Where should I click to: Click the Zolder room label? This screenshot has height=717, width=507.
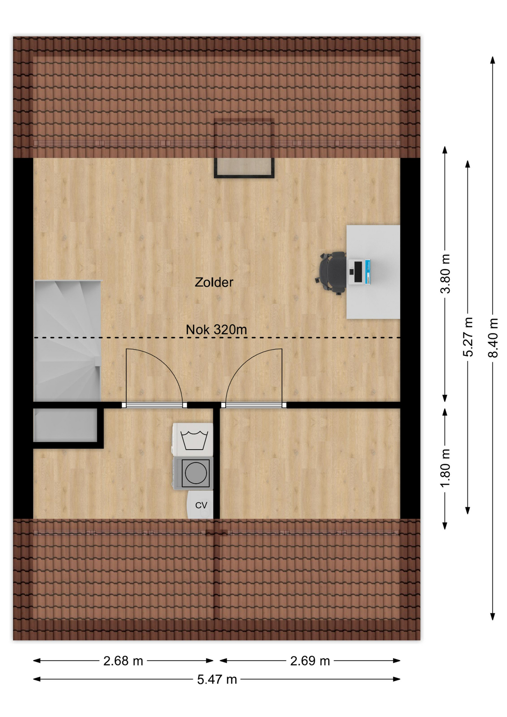pyautogui.click(x=214, y=282)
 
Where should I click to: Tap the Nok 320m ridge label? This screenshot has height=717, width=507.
pyautogui.click(x=217, y=329)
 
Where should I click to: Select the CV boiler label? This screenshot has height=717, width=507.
pyautogui.click(x=201, y=505)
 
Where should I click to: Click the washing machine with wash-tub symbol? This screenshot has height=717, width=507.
pyautogui.click(x=193, y=440)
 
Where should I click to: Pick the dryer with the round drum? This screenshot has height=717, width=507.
pyautogui.click(x=193, y=473)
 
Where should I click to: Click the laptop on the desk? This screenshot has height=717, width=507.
pyautogui.click(x=360, y=272)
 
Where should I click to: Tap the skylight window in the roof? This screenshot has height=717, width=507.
pyautogui.click(x=244, y=149)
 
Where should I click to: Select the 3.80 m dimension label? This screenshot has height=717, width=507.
pyautogui.click(x=445, y=274)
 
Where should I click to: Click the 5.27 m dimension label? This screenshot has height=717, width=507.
pyautogui.click(x=468, y=337)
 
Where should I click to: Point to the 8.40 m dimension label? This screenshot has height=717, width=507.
pyautogui.click(x=493, y=338)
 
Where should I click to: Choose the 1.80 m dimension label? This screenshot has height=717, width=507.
pyautogui.click(x=445, y=468)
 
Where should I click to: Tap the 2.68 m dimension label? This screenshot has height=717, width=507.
pyautogui.click(x=123, y=661)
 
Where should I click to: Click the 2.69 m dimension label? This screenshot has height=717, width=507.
pyautogui.click(x=310, y=661)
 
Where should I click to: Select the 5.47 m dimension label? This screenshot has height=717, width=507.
pyautogui.click(x=217, y=679)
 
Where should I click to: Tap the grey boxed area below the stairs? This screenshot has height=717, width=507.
pyautogui.click(x=66, y=425)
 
